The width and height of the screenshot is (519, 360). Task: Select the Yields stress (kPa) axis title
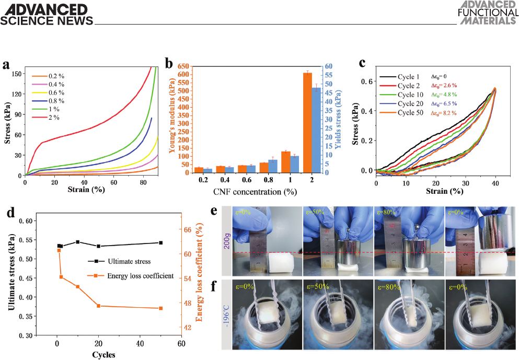point(339,119)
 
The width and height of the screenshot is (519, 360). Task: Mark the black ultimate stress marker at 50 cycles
point(161,242)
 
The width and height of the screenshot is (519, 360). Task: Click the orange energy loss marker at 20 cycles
point(99,306)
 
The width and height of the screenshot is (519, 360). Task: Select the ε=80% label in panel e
point(386,211)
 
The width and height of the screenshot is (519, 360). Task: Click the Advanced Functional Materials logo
point(488,13)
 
